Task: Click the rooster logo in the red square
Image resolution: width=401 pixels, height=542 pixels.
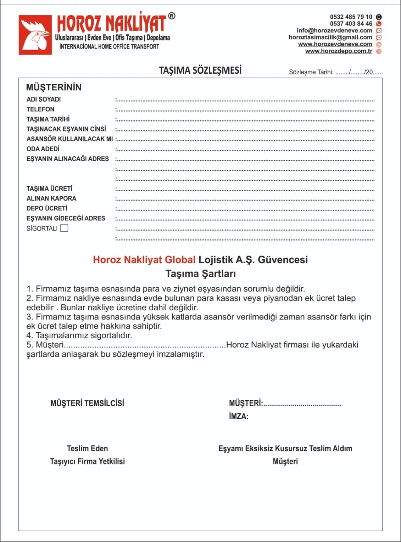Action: (x=35, y=35)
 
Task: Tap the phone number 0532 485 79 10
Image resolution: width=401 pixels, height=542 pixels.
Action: (x=351, y=17)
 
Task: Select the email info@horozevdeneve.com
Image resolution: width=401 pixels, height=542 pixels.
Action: (x=334, y=30)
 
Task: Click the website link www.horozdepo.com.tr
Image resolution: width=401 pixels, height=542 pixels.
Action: (x=339, y=51)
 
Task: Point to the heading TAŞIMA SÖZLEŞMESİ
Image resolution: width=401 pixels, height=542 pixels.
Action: (x=200, y=70)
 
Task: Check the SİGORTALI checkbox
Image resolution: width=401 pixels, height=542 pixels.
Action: (x=64, y=228)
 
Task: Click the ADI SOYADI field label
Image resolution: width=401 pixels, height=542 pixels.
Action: (x=44, y=99)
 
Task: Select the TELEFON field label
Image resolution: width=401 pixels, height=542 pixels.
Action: (x=40, y=109)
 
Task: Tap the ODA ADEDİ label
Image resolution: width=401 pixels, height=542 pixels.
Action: (x=43, y=149)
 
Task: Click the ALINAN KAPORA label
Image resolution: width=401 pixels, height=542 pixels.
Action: (x=51, y=198)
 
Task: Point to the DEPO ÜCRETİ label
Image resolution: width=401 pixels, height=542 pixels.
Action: (x=47, y=208)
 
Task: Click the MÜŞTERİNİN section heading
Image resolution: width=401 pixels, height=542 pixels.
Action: (x=54, y=87)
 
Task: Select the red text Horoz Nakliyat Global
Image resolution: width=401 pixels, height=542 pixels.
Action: (x=144, y=260)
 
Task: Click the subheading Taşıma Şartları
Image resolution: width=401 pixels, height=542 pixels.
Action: (x=201, y=273)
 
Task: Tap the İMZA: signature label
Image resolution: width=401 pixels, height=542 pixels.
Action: (x=239, y=416)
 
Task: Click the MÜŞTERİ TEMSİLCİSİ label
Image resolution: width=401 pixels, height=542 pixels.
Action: (x=87, y=403)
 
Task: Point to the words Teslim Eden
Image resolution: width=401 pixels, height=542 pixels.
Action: (x=87, y=448)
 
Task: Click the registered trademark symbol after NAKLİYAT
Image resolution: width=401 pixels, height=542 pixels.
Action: (x=172, y=16)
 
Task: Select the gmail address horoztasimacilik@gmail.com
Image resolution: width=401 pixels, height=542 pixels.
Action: (x=330, y=37)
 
